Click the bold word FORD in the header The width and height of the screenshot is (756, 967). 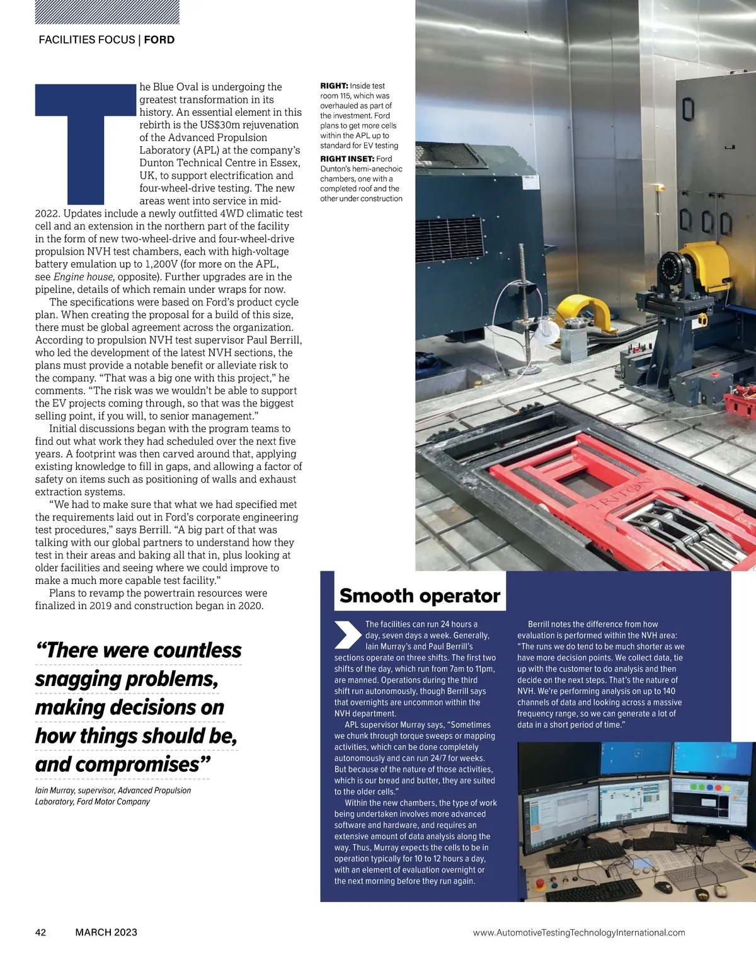tap(159, 40)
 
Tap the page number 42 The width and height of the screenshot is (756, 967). tap(40, 932)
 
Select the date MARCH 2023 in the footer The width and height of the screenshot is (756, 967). tap(106, 932)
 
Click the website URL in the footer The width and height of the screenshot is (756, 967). tap(578, 932)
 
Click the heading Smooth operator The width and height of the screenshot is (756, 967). tap(420, 595)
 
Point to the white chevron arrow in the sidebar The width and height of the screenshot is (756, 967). tap(347, 635)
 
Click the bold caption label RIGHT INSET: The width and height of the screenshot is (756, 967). tap(347, 159)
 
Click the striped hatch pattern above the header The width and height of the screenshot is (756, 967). tap(107, 11)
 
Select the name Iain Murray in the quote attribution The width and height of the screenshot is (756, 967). tap(54, 791)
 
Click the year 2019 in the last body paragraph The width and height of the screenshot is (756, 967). tap(100, 605)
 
